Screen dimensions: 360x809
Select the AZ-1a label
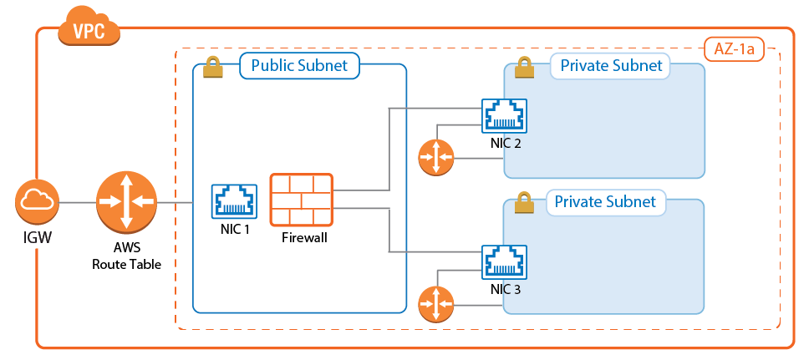pyautogui.click(x=735, y=49)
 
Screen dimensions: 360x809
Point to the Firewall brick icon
pyautogui.click(x=301, y=200)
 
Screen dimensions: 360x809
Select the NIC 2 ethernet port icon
pyautogui.click(x=505, y=116)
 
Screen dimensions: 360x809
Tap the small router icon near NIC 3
pyautogui.click(x=435, y=304)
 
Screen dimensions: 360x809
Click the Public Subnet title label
pyautogui.click(x=299, y=66)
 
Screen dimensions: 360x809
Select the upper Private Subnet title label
pyautogui.click(x=611, y=66)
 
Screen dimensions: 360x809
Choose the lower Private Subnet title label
pyautogui.click(x=606, y=202)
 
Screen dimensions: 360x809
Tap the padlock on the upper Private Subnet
pyautogui.click(x=525, y=68)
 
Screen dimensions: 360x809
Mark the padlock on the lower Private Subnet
pyautogui.click(x=524, y=203)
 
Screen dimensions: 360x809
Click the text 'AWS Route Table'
pyautogui.click(x=125, y=256)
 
